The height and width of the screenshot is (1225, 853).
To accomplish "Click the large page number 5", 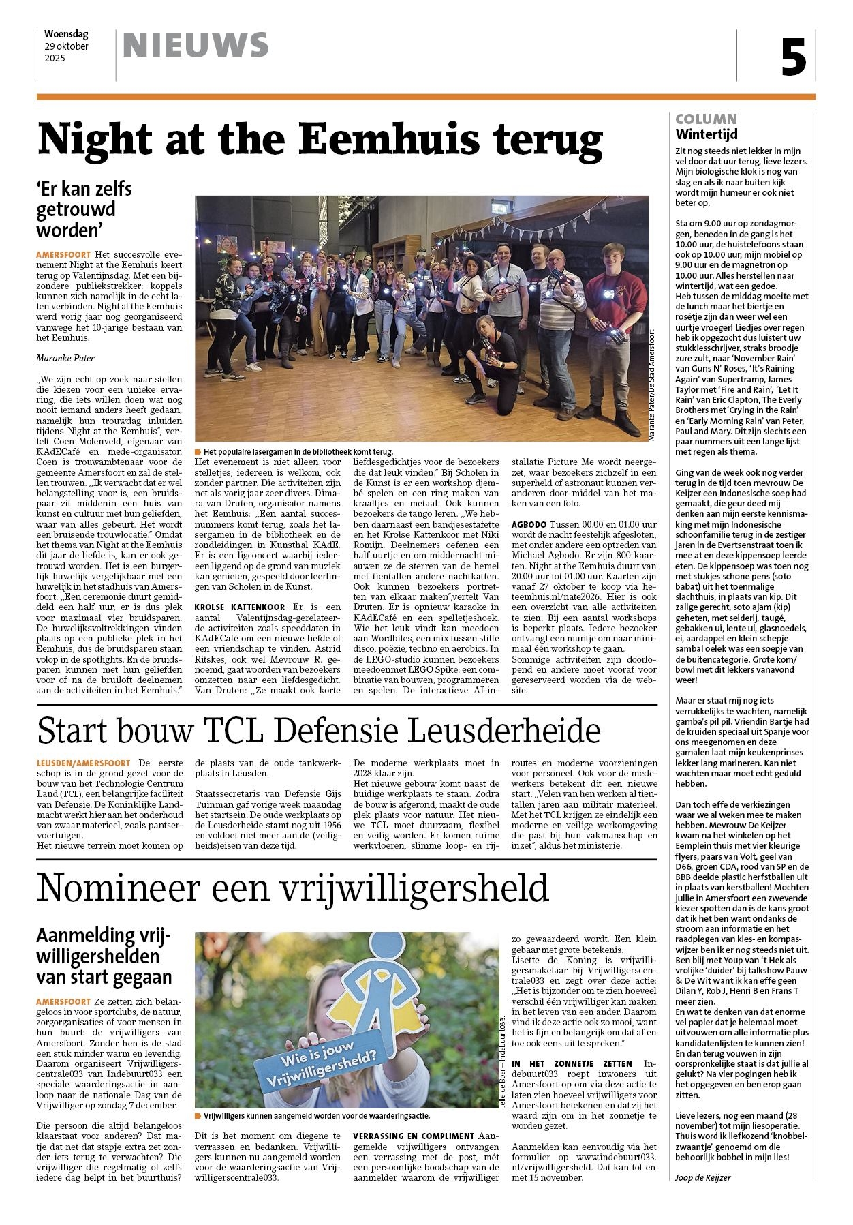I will pyautogui.click(x=794, y=57).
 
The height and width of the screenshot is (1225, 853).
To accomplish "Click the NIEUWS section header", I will pyautogui.click(x=196, y=46).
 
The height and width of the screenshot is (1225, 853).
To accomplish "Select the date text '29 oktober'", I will pyautogui.click(x=66, y=46).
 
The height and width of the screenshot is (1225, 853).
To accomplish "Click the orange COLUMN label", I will pyautogui.click(x=706, y=119).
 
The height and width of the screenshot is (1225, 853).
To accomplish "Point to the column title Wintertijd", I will pyautogui.click(x=707, y=134).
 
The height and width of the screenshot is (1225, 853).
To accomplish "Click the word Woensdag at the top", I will pyautogui.click(x=66, y=33).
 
